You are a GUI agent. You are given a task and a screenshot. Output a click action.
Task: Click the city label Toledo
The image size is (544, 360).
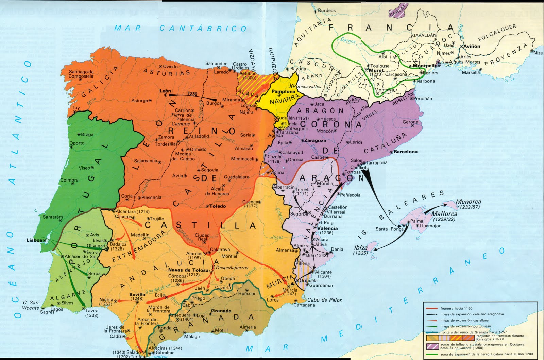tap(218, 206)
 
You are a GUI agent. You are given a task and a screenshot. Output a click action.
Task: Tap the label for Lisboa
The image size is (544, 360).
tap(35, 240)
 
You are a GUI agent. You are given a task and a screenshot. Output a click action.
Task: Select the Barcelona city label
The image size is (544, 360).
tap(406, 152)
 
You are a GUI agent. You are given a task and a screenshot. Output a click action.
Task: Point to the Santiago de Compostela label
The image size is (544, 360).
tap(81, 74)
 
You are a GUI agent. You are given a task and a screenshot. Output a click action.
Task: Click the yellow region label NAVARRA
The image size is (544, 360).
tap(282, 101)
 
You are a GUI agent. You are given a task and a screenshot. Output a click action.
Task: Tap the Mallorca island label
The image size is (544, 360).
tap(444, 214)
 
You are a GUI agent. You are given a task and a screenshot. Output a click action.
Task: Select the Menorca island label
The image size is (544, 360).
tap(469, 202)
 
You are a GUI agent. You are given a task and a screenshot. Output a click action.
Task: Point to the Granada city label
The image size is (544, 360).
tap(221, 311)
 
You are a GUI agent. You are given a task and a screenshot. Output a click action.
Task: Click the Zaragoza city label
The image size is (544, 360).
tap(315, 140)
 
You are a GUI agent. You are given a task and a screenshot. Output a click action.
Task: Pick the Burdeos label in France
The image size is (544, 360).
tap(326, 11)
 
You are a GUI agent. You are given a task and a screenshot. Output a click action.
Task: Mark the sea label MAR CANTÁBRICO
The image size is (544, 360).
tap(180, 28)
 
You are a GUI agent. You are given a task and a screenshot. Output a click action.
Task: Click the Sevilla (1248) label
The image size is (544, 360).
tap(137, 295)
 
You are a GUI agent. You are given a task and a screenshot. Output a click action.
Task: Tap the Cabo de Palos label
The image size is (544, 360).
tap(324, 300)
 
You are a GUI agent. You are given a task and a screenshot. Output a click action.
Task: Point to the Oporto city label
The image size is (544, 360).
tap(77, 143)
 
